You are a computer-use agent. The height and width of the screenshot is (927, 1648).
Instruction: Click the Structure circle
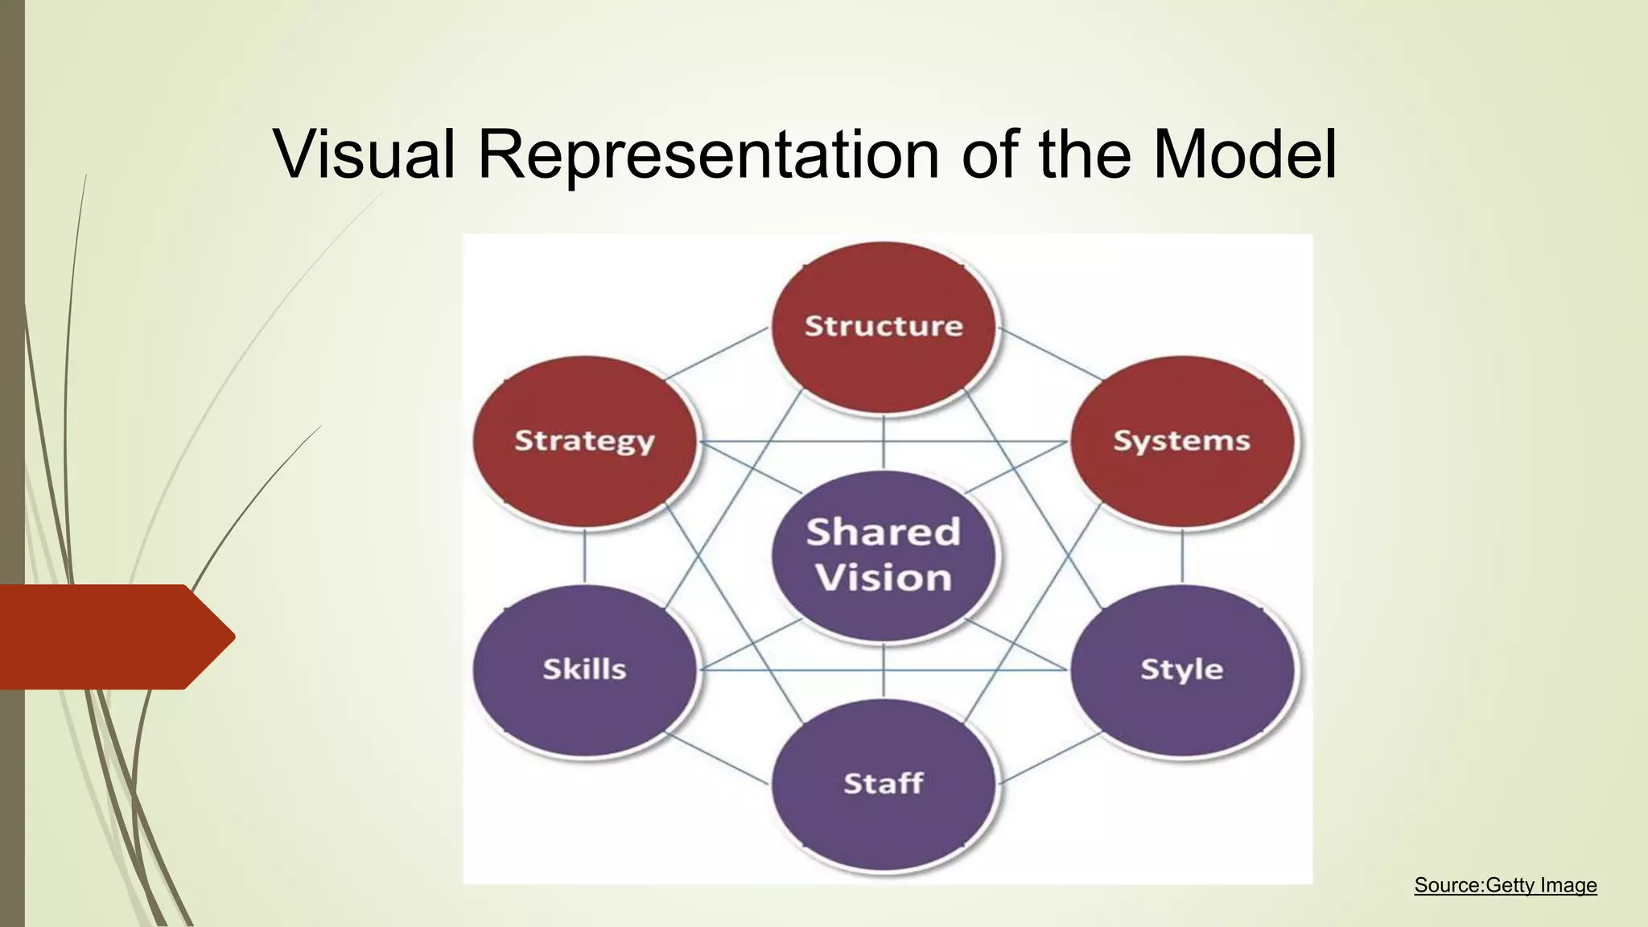coord(884,327)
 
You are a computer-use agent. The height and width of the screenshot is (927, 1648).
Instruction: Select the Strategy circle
coord(585,441)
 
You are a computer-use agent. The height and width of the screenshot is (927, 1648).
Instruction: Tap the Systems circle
coord(1181,441)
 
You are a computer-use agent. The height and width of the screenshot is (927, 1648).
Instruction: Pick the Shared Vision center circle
coord(884,555)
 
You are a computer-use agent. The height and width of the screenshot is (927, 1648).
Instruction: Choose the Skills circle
coord(585,669)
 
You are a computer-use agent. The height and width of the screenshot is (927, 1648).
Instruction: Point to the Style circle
coord(1181,669)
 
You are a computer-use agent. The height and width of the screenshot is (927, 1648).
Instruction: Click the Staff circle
coord(884,784)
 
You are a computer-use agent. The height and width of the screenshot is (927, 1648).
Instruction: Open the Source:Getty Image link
coord(1505,885)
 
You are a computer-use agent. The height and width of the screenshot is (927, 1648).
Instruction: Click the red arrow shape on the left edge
coord(113,637)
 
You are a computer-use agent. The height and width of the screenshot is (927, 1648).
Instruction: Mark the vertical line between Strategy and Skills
coord(585,556)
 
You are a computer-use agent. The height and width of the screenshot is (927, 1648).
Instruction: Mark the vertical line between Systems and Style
coord(1182,556)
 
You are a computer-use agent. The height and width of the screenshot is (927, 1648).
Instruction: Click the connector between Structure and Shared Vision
coord(884,442)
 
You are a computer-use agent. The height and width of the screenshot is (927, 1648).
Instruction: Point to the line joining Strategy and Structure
coord(716,352)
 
